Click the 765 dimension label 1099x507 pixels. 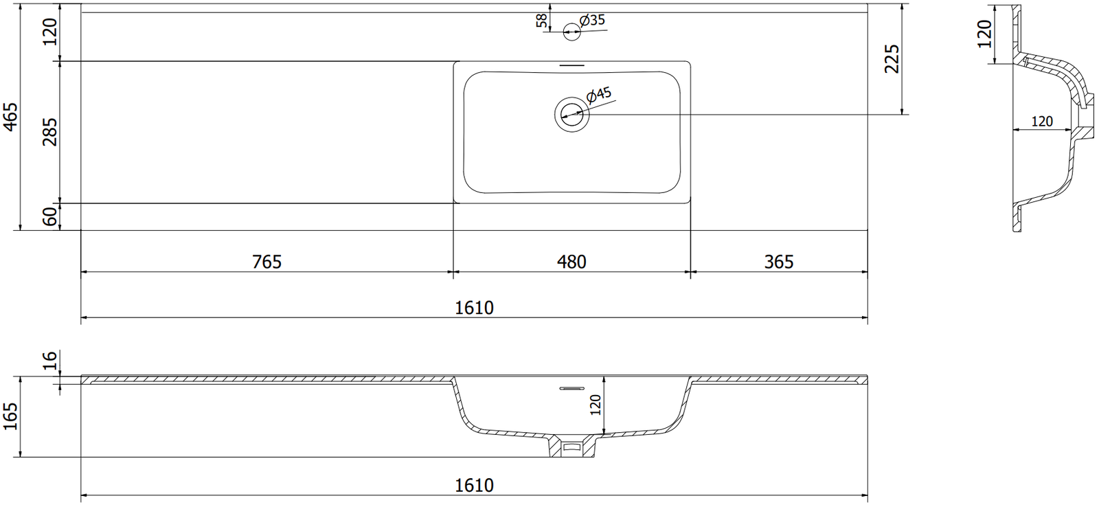[267, 262]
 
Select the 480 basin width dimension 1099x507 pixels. [571, 262]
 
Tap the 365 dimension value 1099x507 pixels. [779, 262]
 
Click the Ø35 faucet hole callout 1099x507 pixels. [592, 21]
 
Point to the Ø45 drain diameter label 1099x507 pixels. [599, 95]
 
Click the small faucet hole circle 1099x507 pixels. [571, 32]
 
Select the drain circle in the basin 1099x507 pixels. [571, 114]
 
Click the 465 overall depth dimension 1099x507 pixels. [10, 117]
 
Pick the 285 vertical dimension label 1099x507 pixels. [50, 131]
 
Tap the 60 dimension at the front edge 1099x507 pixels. [50, 216]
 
